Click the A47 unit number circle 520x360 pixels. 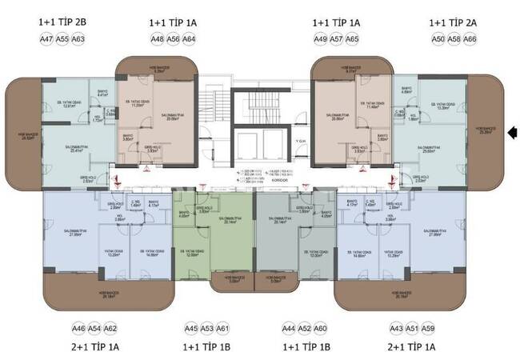[46, 38]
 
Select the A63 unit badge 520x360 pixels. [78, 38]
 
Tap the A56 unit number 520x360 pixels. [173, 38]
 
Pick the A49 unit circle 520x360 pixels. [321, 38]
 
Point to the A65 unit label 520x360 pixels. [352, 38]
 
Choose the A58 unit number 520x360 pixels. [454, 38]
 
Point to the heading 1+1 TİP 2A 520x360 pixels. [454, 23]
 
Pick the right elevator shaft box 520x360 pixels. [273, 143]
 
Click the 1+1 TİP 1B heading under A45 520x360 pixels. [207, 347]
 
